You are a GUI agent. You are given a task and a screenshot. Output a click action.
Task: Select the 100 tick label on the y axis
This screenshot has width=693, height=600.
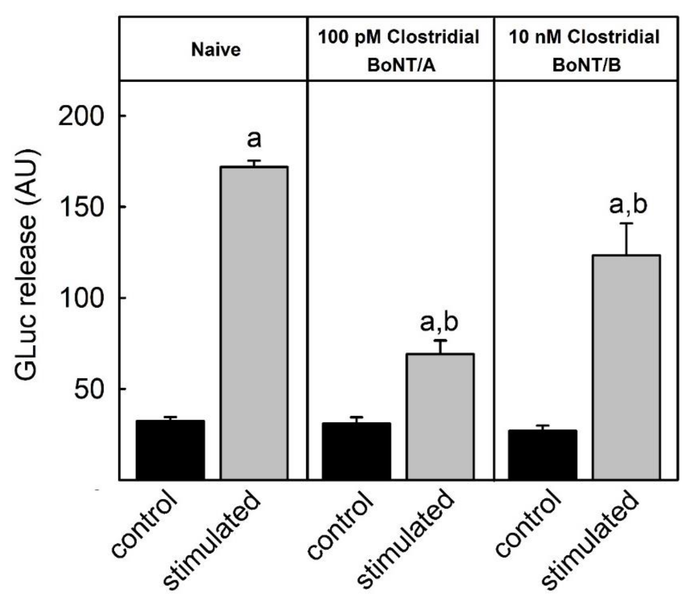(x=80, y=298)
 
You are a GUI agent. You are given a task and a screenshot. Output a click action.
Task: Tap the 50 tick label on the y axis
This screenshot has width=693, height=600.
(x=88, y=389)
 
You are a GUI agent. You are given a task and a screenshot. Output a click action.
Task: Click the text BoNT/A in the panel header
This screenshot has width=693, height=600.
(x=401, y=65)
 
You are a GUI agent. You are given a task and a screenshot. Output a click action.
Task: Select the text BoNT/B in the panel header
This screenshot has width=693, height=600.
(x=587, y=65)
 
